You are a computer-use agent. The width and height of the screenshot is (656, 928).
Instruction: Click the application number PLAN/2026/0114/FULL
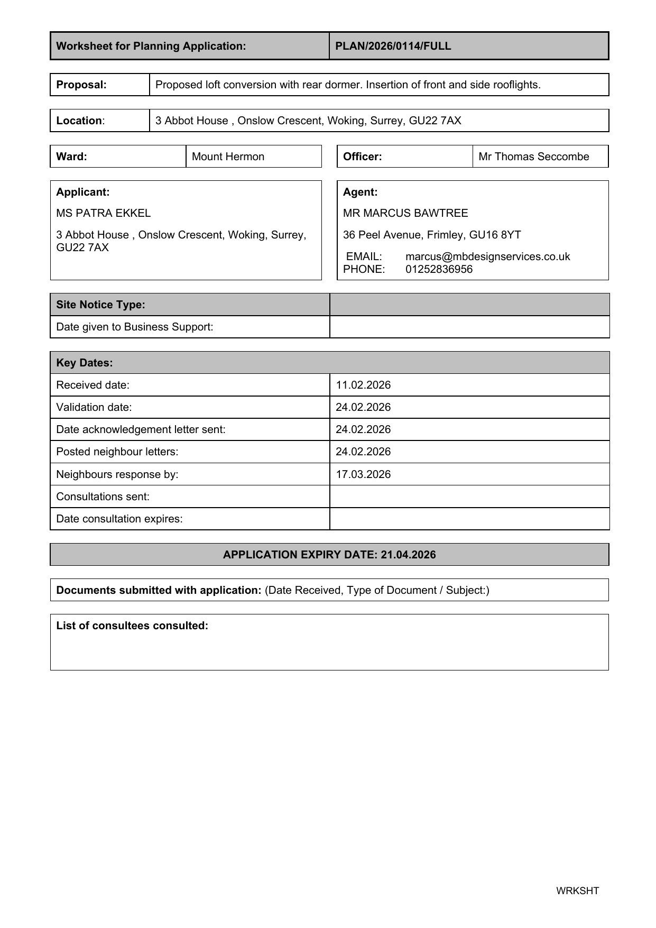pyautogui.click(x=393, y=46)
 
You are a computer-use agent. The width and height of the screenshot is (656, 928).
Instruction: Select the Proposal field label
pyautogui.click(x=81, y=85)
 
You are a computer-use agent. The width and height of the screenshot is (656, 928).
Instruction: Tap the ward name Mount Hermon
pyautogui.click(x=228, y=157)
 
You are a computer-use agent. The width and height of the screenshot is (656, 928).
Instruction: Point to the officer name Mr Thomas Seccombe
pyautogui.click(x=533, y=157)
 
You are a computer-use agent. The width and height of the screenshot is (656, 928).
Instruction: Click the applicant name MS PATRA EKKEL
pyautogui.click(x=103, y=213)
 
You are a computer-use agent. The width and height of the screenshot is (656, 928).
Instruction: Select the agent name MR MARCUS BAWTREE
pyautogui.click(x=405, y=213)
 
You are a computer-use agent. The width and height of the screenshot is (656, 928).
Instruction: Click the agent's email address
pyautogui.click(x=487, y=256)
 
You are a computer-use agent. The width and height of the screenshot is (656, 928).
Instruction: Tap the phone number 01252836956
pyautogui.click(x=439, y=269)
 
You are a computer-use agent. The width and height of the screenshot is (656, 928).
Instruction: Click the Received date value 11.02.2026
pyautogui.click(x=363, y=385)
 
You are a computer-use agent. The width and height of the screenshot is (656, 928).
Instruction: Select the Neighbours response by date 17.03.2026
pyautogui.click(x=363, y=474)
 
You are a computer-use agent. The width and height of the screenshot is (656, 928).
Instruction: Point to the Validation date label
pyautogui.click(x=94, y=407)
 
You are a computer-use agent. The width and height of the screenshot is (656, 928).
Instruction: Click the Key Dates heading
pyautogui.click(x=85, y=363)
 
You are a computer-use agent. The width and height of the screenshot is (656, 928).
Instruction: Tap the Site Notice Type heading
pyautogui.click(x=100, y=305)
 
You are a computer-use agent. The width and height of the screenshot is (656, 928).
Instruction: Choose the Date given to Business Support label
pyautogui.click(x=135, y=327)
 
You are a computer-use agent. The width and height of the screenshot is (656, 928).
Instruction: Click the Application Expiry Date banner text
pyautogui.click(x=329, y=555)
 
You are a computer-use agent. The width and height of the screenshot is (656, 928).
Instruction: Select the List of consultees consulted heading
pyautogui.click(x=132, y=626)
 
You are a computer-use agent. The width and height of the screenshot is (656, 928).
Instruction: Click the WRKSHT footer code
pyautogui.click(x=577, y=891)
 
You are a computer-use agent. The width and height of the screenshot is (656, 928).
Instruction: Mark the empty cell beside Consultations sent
pyautogui.click(x=469, y=497)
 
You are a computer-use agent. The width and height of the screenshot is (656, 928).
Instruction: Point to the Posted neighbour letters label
pyautogui.click(x=117, y=452)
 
